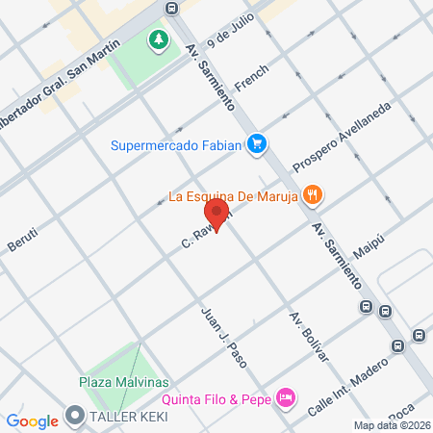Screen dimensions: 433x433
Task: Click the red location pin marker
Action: [216, 214]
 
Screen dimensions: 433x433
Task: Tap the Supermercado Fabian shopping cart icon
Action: [256, 145]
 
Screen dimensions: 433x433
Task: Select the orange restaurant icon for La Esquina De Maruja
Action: [311, 196]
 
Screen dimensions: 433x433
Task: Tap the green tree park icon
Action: [156, 40]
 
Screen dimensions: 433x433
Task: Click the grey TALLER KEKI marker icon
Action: [75, 417]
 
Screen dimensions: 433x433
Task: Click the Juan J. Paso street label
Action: [223, 336]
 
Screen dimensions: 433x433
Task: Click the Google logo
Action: [32, 420]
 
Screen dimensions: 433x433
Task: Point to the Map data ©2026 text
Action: [391, 425]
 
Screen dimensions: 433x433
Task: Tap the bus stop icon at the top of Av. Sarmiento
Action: [171, 9]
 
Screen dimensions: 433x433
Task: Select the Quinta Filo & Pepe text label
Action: [216, 397]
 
